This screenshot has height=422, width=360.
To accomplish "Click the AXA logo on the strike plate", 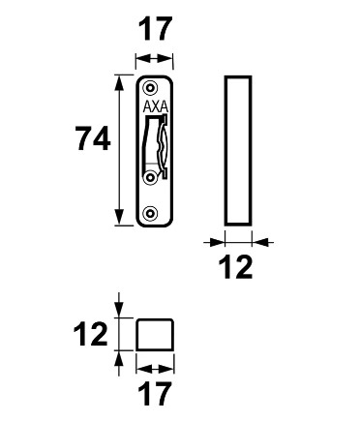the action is tap(156, 106).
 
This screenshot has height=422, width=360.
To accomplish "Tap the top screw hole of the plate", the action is tap(150, 88).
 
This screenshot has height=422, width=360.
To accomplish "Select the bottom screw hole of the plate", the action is tap(150, 213).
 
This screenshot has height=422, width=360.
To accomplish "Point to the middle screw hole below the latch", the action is tap(150, 177).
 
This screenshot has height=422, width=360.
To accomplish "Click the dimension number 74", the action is tap(93, 138).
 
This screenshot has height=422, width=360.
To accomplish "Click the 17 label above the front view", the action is tap(154, 29).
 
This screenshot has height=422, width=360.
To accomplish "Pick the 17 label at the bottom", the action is tap(154, 394).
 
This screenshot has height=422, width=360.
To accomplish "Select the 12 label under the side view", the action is tap(235, 267).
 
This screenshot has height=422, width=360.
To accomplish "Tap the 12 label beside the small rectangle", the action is tap(90, 334).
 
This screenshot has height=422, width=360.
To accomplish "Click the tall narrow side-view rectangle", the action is tap(225, 150).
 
